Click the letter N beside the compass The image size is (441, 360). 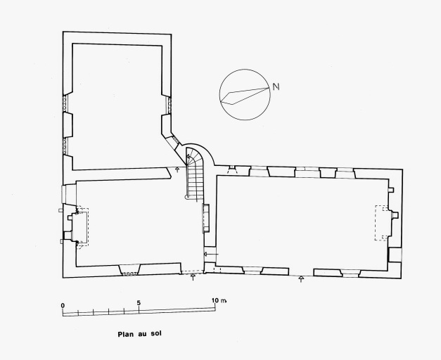point(276,87)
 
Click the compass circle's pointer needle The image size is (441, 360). point(244,96)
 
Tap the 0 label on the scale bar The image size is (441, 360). point(63,305)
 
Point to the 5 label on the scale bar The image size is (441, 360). point(139,303)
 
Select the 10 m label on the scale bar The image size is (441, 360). point(219,300)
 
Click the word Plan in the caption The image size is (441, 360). point(125,335)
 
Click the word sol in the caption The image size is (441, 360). point(156,333)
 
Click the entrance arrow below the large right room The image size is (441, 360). point(301,279)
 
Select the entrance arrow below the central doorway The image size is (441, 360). point(193,277)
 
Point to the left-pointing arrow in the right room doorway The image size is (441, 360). point(211,255)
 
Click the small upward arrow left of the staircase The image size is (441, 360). point(177,169)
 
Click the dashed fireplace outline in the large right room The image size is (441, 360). point(382,223)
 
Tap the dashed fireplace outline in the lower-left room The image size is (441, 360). point(83,226)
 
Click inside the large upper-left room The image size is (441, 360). point(117,107)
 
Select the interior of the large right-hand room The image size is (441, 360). point(302,222)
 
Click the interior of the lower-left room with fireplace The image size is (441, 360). point(135,222)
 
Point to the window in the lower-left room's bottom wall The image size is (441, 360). point(129,269)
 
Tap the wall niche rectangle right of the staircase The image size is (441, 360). point(206,218)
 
